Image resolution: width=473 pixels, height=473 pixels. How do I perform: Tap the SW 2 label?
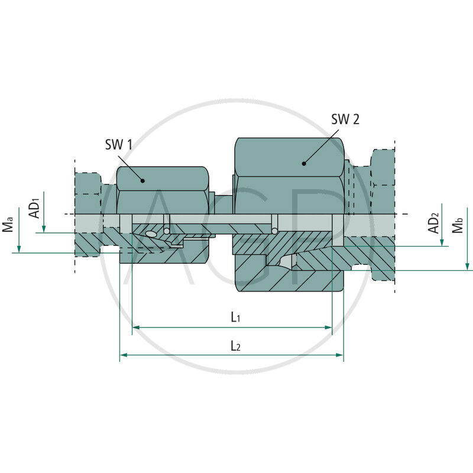click(x=345, y=119)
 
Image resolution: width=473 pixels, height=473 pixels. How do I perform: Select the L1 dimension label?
click(x=235, y=318)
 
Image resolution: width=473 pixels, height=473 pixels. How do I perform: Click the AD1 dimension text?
click(x=35, y=208)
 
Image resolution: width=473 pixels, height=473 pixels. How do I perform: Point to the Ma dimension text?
click(x=8, y=225)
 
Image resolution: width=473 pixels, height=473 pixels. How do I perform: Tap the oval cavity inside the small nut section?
click(x=151, y=234)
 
